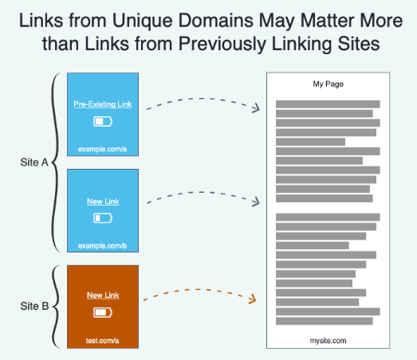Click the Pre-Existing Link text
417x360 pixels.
[x=103, y=104]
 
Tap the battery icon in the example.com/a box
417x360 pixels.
[x=103, y=121]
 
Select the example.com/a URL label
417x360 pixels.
[x=102, y=149]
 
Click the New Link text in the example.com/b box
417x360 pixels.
[x=103, y=202]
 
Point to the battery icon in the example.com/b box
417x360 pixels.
[x=103, y=218]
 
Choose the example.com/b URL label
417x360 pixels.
[x=102, y=246]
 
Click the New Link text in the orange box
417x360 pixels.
[x=103, y=295]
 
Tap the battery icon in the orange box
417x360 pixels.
[x=103, y=312]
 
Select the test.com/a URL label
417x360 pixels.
[x=102, y=341]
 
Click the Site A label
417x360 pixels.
[x=34, y=162]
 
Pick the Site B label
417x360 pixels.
[x=34, y=306]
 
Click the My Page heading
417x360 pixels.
[x=328, y=84]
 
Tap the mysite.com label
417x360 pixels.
[x=328, y=341]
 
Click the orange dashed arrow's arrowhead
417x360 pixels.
[x=254, y=299]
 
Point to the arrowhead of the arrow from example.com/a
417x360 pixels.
[x=257, y=108]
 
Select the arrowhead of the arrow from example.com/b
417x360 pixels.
[x=257, y=202]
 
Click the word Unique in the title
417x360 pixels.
[x=142, y=22]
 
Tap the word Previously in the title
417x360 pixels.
[x=222, y=44]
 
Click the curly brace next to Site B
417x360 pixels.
[x=55, y=307]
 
